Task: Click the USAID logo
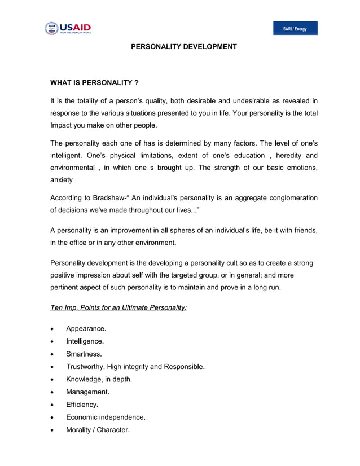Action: tap(68, 28)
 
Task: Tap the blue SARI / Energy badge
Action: tap(295, 29)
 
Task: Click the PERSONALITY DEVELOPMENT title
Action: tap(184, 46)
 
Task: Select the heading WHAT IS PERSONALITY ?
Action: tap(95, 83)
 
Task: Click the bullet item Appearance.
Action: tap(86, 328)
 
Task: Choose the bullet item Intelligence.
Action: tap(85, 341)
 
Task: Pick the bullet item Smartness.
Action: tap(84, 354)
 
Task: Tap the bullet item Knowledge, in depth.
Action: tap(99, 380)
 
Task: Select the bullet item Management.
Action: tap(87, 392)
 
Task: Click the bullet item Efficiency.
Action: tap(82, 405)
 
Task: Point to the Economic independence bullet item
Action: tap(106, 417)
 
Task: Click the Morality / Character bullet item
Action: tap(98, 430)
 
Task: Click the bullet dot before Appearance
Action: tap(52, 329)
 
